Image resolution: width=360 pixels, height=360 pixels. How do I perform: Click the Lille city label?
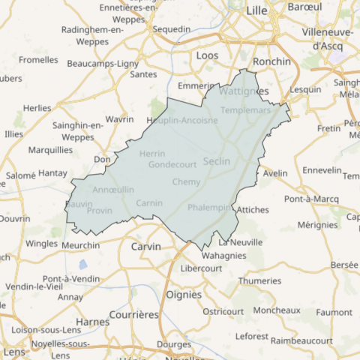point(256,10)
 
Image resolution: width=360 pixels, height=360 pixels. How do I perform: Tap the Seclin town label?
point(217,160)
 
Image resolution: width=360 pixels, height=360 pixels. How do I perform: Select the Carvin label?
point(145,246)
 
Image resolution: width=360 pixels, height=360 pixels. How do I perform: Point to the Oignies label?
point(184,295)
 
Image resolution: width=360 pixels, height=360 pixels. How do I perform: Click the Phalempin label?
point(208,207)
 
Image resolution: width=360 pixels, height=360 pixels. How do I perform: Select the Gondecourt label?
point(172,164)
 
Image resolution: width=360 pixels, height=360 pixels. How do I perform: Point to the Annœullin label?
point(113,190)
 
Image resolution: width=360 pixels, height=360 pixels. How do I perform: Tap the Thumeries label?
point(259,280)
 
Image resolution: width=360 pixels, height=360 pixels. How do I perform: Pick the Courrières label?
point(134,314)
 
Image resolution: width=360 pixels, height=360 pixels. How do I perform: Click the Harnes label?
point(92,322)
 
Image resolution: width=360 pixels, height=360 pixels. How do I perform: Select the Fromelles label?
point(38,59)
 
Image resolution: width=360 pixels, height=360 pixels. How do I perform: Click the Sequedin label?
point(172,29)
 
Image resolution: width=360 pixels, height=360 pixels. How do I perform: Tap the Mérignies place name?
point(317,224)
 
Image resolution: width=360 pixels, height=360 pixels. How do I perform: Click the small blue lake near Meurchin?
point(82,264)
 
